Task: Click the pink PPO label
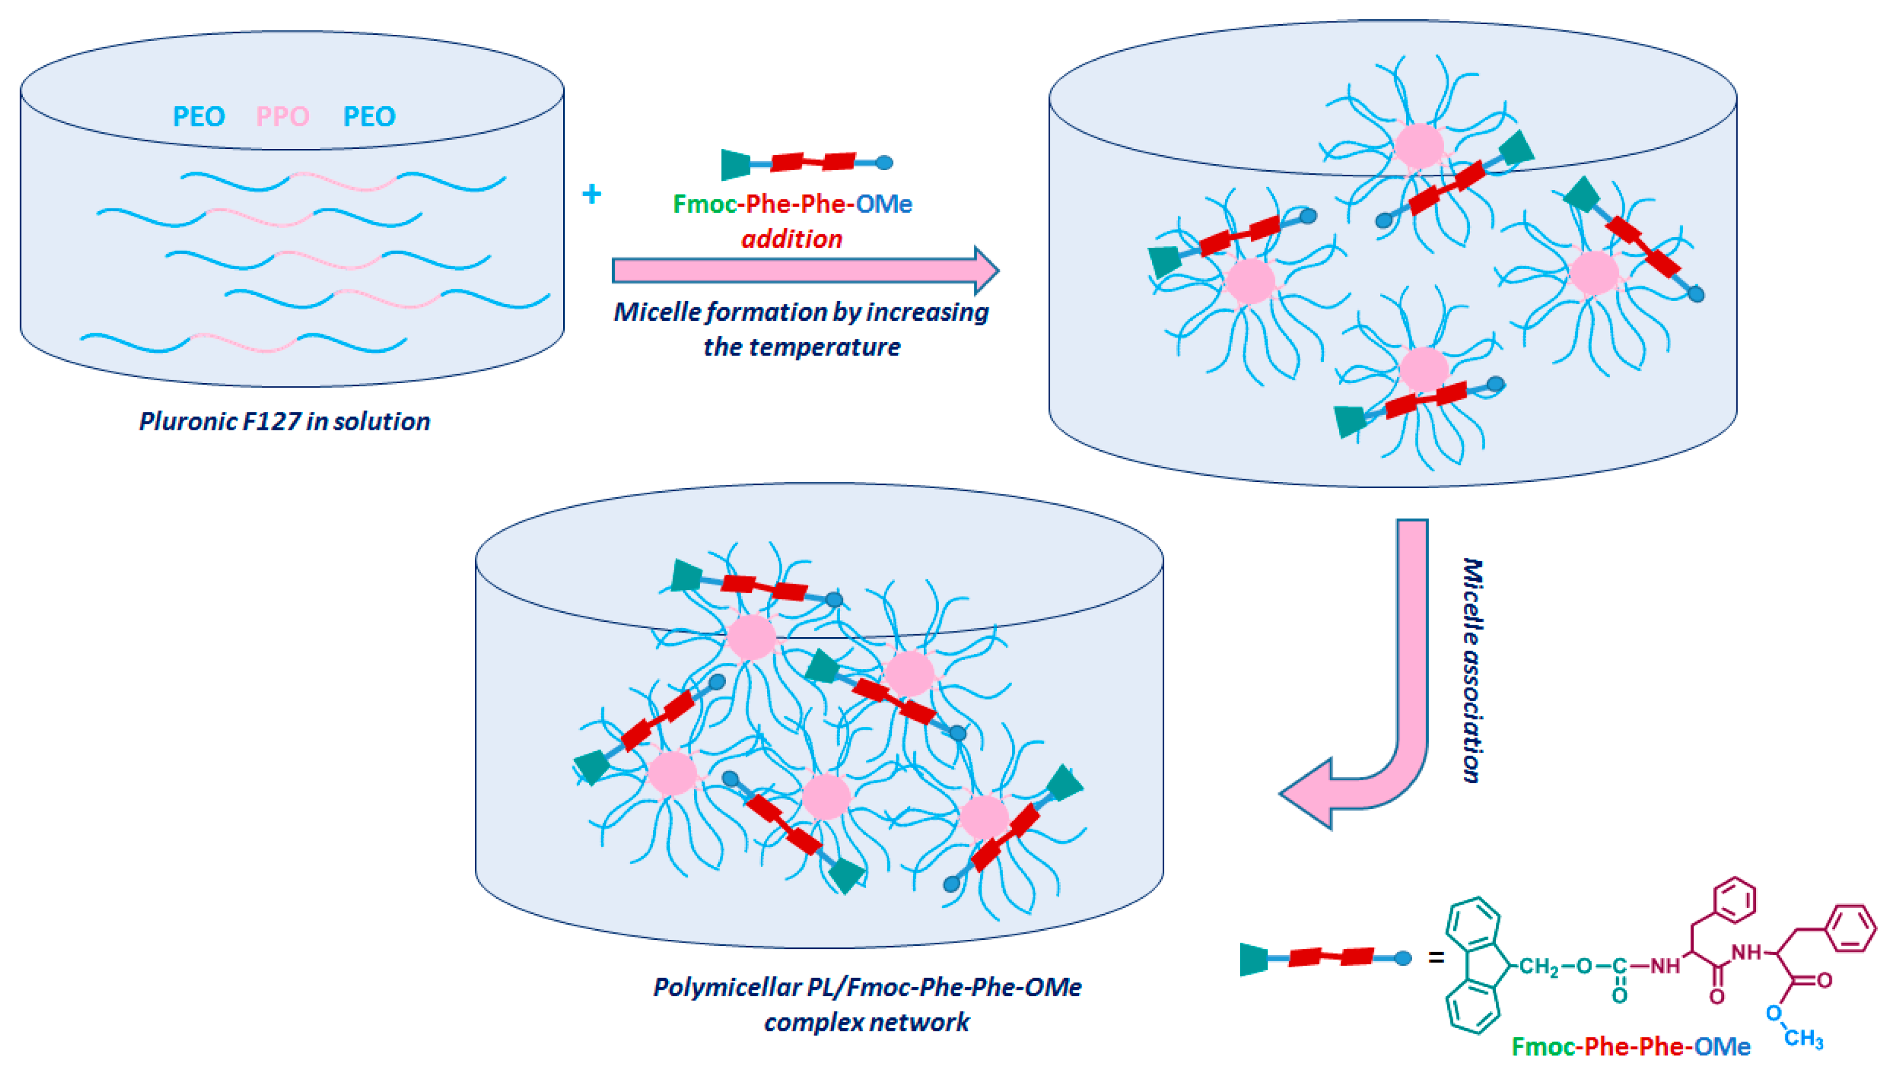[282, 116]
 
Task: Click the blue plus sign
[591, 194]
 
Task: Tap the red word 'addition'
[792, 239]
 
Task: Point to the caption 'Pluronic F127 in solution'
[284, 421]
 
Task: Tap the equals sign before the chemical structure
[1436, 958]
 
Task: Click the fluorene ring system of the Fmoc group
[1474, 965]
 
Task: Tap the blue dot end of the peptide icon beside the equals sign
[1403, 958]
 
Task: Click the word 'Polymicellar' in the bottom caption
[726, 987]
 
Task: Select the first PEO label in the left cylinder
[198, 116]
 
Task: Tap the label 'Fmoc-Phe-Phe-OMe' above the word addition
[792, 203]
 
